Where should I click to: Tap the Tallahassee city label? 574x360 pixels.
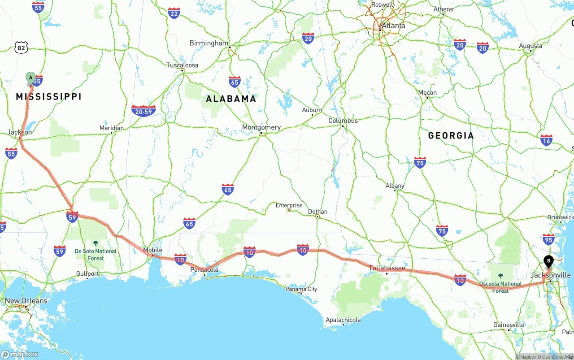coord(387,268)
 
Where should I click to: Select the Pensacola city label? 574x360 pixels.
coord(204,269)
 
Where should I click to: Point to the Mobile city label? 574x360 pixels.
coord(152,250)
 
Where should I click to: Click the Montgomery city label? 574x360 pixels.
coord(261,127)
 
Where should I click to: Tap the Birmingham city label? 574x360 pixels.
coord(209,43)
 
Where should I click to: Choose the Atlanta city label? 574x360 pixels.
coord(393,26)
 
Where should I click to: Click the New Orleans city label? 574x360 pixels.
coord(26,300)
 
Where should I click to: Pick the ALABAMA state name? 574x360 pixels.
coord(231,99)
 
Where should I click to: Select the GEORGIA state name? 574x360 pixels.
coord(451,135)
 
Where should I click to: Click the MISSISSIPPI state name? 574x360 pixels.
coord(49,96)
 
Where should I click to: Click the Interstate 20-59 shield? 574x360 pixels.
coord(143,111)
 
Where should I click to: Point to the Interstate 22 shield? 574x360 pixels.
coord(174,13)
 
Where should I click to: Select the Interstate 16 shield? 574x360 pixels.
coord(546,140)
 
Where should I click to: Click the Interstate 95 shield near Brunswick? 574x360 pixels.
coord(548,239)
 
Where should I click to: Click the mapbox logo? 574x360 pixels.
coord(20,354)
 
